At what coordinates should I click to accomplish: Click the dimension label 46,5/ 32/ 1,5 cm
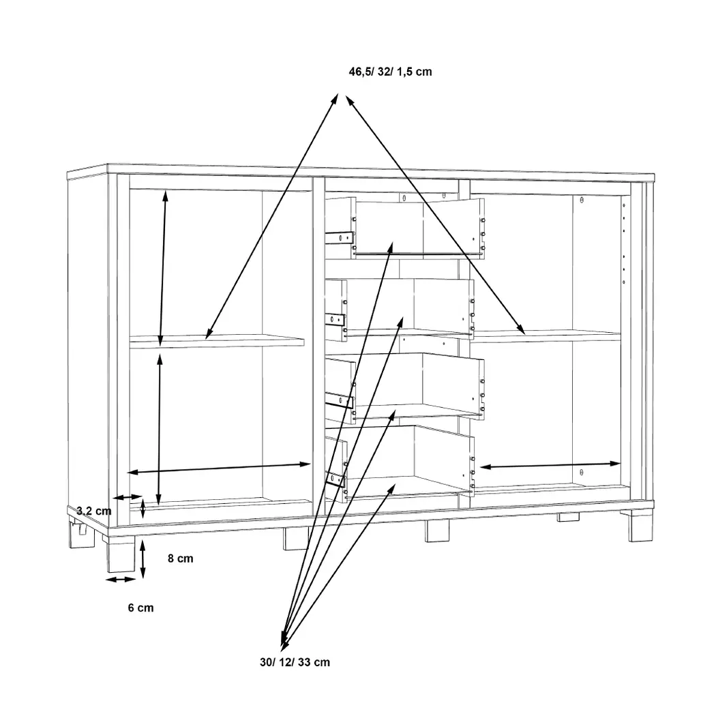390,72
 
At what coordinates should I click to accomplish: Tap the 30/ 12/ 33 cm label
295,662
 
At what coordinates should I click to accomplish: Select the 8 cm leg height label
181,558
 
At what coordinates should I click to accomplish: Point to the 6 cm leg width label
140,608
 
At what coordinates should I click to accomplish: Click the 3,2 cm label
93,511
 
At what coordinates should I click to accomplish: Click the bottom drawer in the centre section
400,464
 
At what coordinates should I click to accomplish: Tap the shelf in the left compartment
216,342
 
